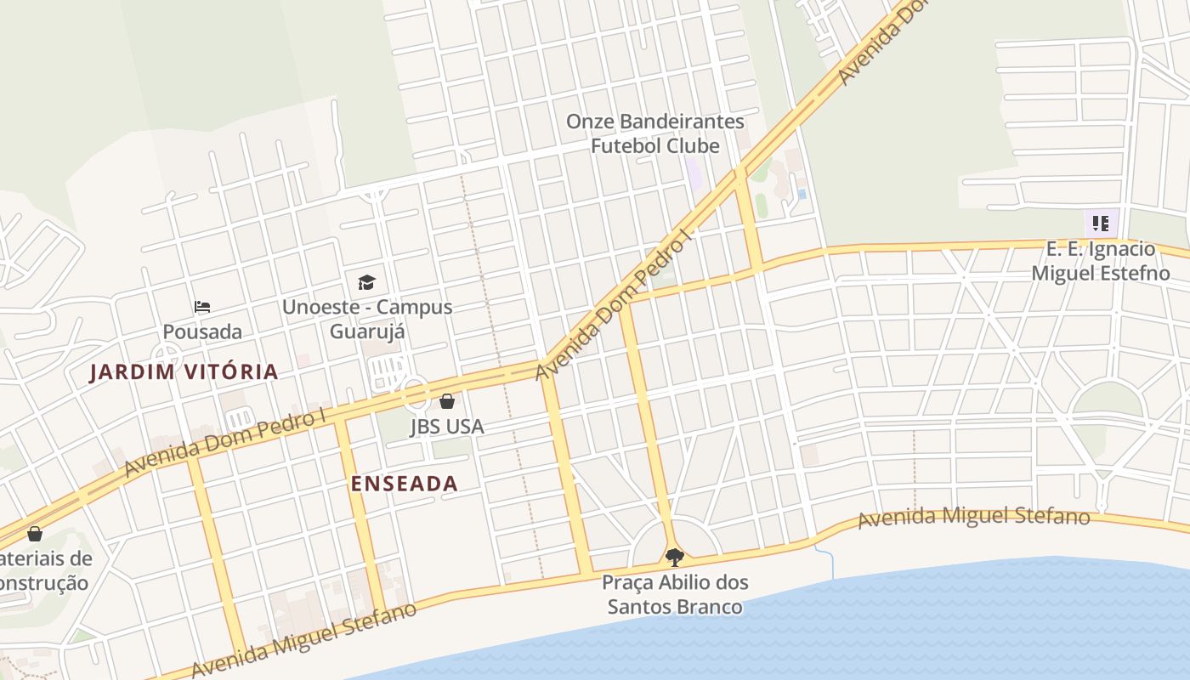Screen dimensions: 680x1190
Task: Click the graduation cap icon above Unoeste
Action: pos(366,282)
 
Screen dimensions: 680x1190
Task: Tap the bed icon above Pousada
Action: pos(202,307)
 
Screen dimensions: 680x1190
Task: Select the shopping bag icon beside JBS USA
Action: pos(447,401)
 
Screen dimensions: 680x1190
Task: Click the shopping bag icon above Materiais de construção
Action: pos(35,534)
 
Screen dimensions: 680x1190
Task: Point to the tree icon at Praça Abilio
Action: pos(675,558)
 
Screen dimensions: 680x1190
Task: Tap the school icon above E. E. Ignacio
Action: pos(1101,224)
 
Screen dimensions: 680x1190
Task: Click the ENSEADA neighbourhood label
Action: pos(405,484)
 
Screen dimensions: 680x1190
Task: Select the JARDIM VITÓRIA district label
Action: pos(184,371)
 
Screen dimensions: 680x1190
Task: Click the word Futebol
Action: pos(627,145)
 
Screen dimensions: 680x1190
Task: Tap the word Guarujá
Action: pos(367,331)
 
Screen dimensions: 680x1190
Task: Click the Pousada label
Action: pos(202,331)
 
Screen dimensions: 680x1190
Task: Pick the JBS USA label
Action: pos(447,426)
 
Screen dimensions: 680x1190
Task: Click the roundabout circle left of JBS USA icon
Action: pos(415,392)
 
